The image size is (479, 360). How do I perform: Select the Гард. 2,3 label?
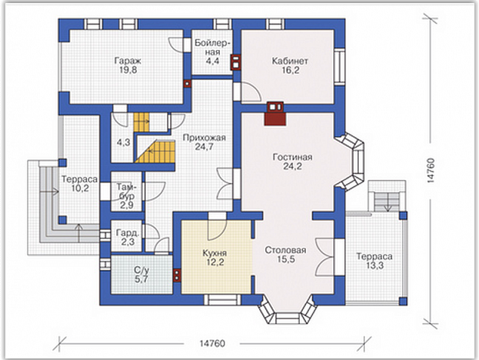[128, 237]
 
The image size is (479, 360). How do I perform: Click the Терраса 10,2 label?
[80, 184]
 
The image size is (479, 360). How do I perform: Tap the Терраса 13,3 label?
[375, 261]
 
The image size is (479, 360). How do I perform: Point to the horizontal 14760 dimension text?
[212, 343]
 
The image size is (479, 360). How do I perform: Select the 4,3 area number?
[123, 142]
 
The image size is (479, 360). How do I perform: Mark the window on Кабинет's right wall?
[340, 67]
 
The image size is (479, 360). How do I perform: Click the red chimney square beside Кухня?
[178, 275]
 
